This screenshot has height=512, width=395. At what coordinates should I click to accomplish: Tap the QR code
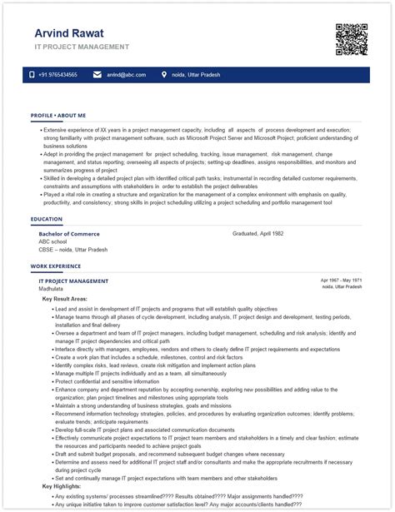tap(351, 39)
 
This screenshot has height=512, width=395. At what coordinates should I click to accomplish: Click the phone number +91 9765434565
tap(57, 75)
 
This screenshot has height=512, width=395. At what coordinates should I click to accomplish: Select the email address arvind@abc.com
tap(126, 75)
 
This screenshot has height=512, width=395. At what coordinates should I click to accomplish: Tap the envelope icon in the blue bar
tap(97, 75)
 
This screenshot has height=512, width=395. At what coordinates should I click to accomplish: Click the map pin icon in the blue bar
tap(164, 75)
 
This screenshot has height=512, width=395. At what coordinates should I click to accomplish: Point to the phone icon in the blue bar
tap(32, 75)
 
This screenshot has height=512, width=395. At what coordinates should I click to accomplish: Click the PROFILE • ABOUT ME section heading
tap(57, 115)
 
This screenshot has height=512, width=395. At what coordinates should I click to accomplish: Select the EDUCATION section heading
tap(46, 219)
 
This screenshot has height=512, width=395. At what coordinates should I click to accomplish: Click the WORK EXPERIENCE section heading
tap(56, 266)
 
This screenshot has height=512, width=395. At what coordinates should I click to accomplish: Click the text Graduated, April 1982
tap(257, 234)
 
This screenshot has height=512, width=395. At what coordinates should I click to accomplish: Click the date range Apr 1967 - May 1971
tap(341, 281)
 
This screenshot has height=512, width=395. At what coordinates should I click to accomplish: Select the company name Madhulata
tap(52, 289)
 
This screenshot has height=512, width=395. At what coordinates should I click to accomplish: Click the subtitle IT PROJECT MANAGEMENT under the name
tap(82, 47)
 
